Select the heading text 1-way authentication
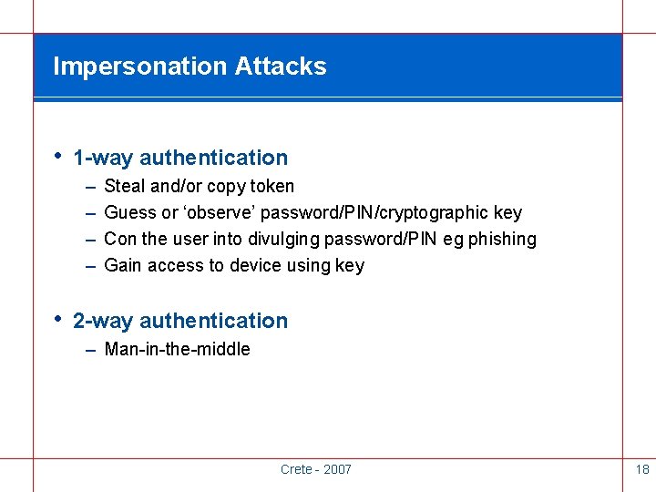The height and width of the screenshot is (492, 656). pyautogui.click(x=179, y=158)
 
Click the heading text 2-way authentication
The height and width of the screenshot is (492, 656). pyautogui.click(x=179, y=321)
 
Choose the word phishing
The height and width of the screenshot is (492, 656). pyautogui.click(x=502, y=240)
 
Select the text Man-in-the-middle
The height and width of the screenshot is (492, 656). pyautogui.click(x=177, y=349)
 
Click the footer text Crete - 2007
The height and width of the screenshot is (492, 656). pyautogui.click(x=315, y=469)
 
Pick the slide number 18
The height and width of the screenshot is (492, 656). pyautogui.click(x=641, y=469)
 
